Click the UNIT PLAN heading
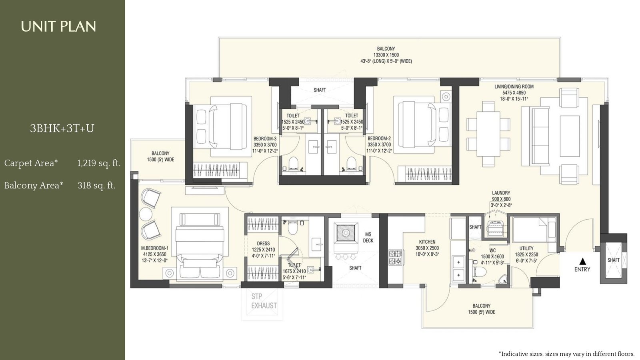[58, 27]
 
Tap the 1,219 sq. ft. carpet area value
[99, 163]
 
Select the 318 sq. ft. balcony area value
[96, 186]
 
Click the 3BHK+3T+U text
[62, 128]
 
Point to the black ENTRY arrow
[582, 261]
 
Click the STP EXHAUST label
[264, 301]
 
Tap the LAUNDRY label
[501, 193]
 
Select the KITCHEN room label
[427, 242]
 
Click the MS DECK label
[368, 237]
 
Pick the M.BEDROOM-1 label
[154, 248]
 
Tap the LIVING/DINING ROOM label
[514, 87]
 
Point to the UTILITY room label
[526, 248]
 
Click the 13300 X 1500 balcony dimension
[386, 55]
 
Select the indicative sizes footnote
[566, 354]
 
